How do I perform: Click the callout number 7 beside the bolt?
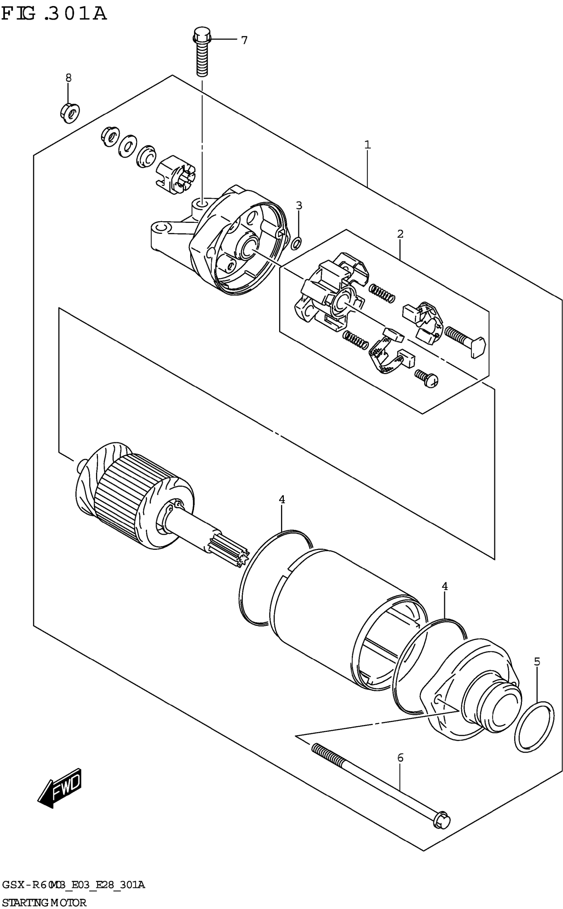[244, 40]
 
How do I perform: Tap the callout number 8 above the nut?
[69, 78]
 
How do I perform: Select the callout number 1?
[368, 144]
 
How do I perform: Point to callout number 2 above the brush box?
[400, 234]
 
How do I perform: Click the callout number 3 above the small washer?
[299, 205]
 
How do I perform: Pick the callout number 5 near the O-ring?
[537, 661]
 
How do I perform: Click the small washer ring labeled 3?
[296, 243]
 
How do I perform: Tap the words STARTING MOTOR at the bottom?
[44, 902]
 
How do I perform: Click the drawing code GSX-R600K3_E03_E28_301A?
[73, 884]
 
